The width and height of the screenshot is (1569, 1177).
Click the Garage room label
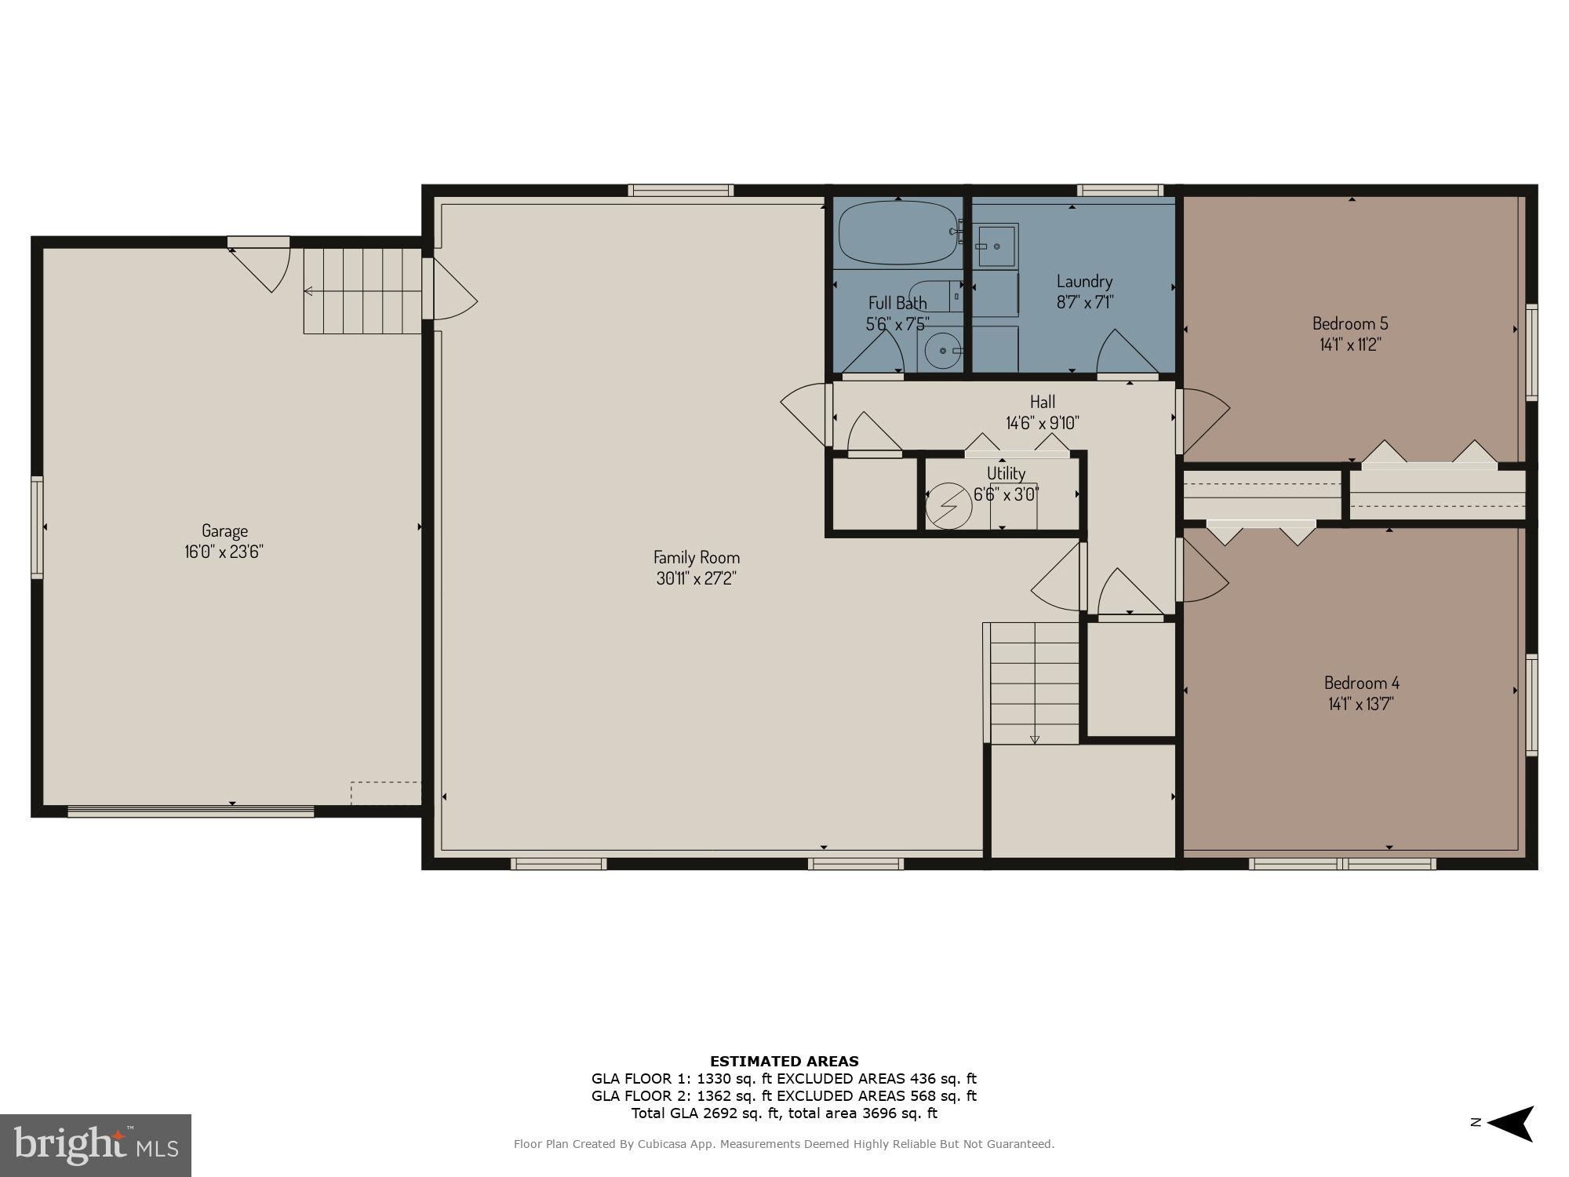coord(224,530)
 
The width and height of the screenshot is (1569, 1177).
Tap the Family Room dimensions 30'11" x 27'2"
coord(697,579)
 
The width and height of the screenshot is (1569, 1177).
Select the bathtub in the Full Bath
coord(897,233)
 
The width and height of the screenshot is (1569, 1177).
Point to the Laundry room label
coord(1084,281)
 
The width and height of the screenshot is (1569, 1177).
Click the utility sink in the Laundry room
coord(996,246)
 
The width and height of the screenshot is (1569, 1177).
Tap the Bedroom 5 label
coord(1350,323)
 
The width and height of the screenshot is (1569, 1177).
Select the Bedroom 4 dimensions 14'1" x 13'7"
coord(1361,704)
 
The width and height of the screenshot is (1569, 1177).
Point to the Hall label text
coord(1042,403)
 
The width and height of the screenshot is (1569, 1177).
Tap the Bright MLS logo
coord(95,1145)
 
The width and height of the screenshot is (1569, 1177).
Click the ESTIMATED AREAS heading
coord(784,1062)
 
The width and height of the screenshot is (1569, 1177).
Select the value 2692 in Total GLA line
coord(709,1113)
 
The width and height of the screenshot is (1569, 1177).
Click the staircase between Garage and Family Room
coord(362,290)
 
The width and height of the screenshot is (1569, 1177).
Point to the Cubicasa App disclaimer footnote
coord(784,1144)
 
